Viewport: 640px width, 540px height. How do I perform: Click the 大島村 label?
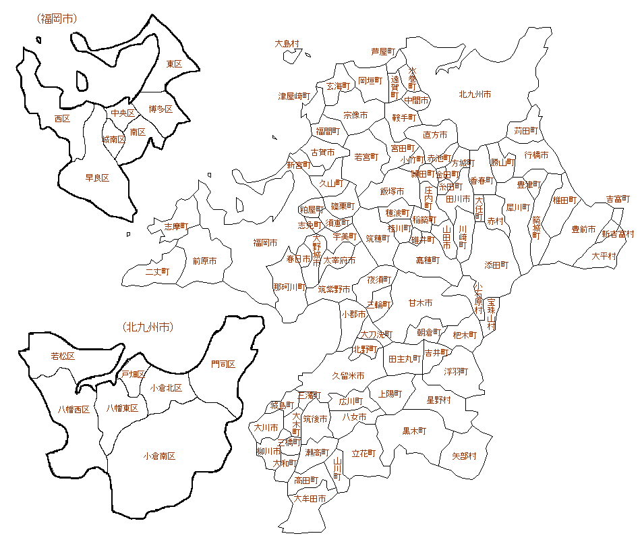click(x=287, y=43)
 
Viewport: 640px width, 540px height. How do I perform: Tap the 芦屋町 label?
click(x=382, y=51)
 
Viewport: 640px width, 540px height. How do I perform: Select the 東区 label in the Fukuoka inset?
click(x=174, y=63)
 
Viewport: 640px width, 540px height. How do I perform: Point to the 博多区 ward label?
click(x=161, y=109)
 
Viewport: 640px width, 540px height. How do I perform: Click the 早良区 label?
click(x=97, y=178)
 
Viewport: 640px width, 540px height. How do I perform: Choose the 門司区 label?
click(x=223, y=364)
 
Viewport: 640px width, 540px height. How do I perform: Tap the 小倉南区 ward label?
click(x=159, y=456)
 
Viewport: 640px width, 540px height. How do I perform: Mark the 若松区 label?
click(x=63, y=356)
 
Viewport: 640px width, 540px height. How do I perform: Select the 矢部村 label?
click(x=463, y=456)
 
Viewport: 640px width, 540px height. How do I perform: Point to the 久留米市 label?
click(x=348, y=375)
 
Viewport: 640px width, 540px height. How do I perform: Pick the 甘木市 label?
click(x=420, y=303)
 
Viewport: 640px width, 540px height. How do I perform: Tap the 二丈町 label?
click(x=157, y=271)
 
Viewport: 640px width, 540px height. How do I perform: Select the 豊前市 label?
click(x=583, y=230)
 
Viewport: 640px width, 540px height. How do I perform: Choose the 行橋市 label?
click(x=536, y=155)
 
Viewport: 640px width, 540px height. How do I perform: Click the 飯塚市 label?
click(x=392, y=192)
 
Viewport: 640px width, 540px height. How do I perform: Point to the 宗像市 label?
click(x=355, y=115)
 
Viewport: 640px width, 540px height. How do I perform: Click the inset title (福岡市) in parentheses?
click(x=57, y=19)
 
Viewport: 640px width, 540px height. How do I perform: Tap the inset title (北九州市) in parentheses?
click(x=148, y=327)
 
